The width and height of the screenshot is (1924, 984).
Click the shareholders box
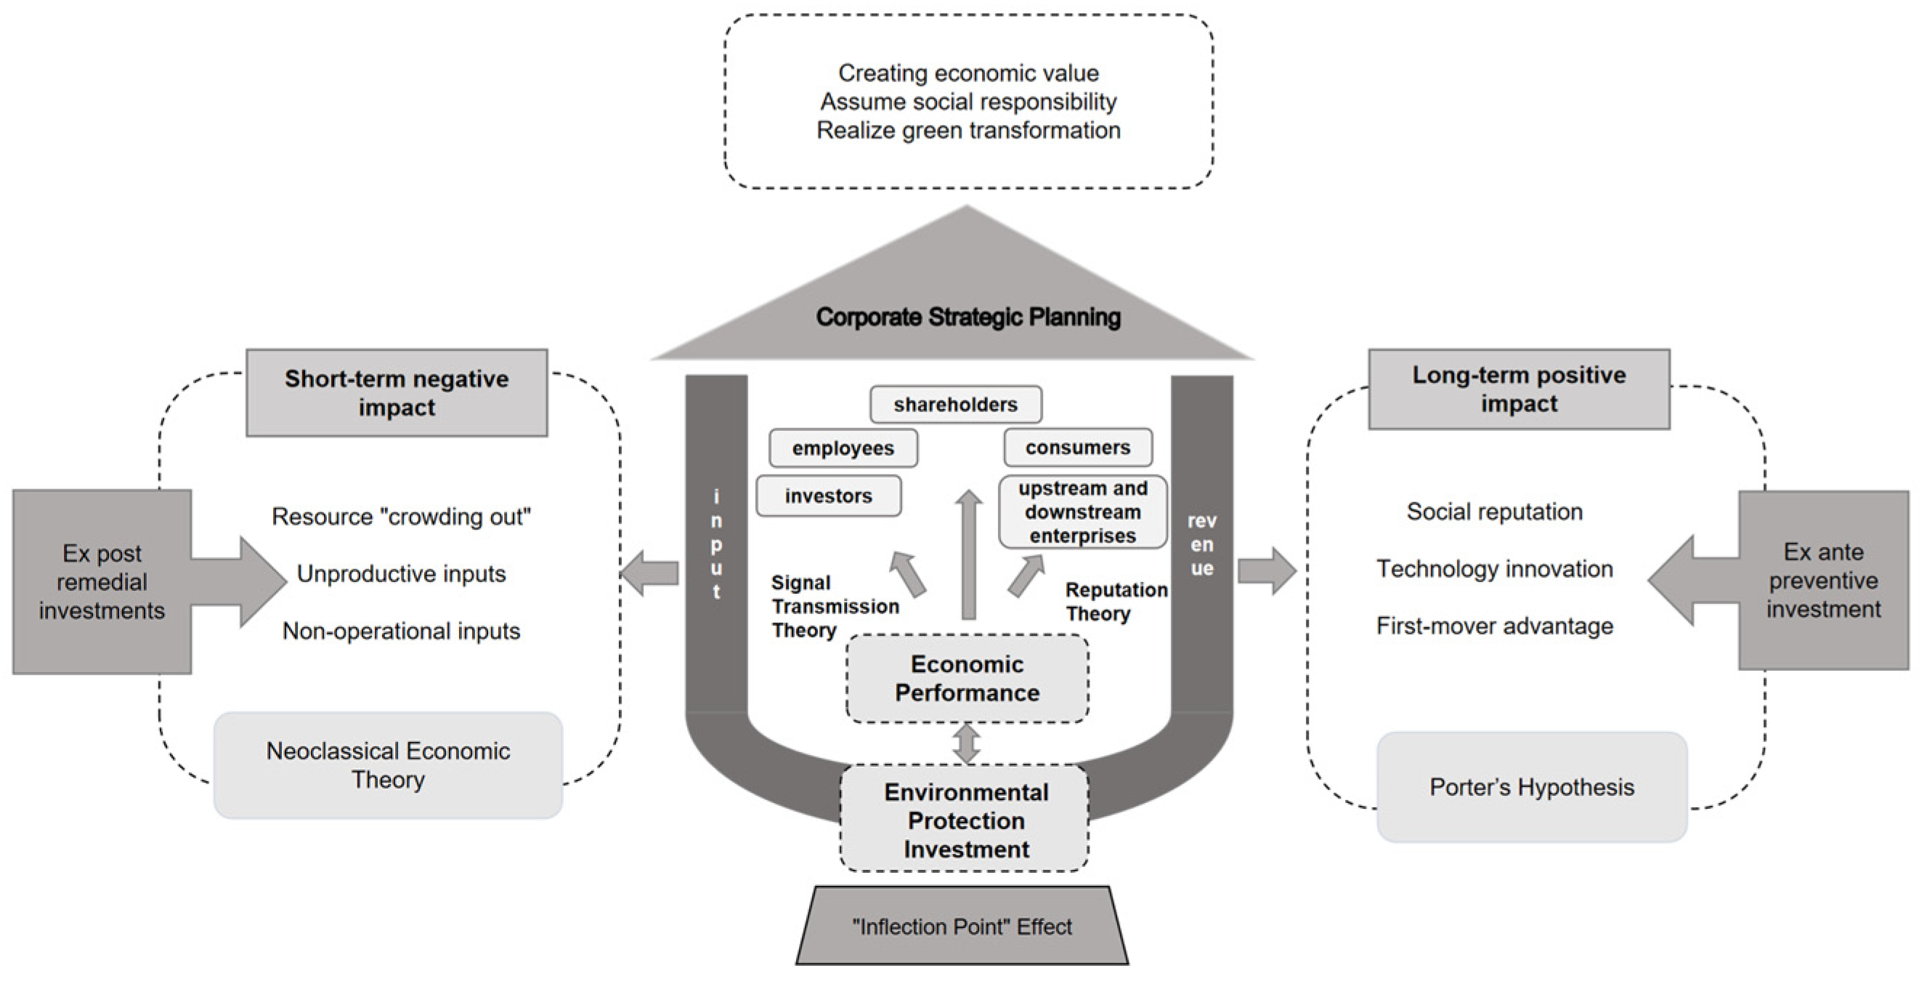tap(955, 405)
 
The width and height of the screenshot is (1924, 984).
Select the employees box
tap(843, 448)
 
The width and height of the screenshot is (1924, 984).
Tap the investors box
tap(828, 496)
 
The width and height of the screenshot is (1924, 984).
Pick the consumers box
tap(1078, 448)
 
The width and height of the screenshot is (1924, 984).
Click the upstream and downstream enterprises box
tap(1082, 512)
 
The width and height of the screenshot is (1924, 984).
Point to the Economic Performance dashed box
tap(967, 679)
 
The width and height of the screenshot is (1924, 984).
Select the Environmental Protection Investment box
tap(965, 820)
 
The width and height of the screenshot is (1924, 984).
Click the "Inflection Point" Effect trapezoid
tap(962, 927)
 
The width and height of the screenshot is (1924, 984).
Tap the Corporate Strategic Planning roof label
tap(968, 317)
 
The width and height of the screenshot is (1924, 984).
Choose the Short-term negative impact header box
tap(397, 393)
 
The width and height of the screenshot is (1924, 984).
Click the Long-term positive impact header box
tap(1519, 390)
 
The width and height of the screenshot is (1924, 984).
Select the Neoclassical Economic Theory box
tap(388, 765)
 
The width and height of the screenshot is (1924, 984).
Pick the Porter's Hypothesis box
tap(1532, 787)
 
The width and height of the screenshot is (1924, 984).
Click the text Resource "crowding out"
tap(401, 516)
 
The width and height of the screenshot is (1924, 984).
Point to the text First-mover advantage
tap(1495, 626)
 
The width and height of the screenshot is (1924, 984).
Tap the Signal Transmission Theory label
tap(834, 606)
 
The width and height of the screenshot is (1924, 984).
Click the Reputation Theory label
tap(1116, 602)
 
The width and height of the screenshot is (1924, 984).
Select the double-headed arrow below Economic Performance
tap(967, 743)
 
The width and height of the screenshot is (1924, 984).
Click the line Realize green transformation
tap(968, 130)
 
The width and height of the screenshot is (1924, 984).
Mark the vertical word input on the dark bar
tap(716, 544)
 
